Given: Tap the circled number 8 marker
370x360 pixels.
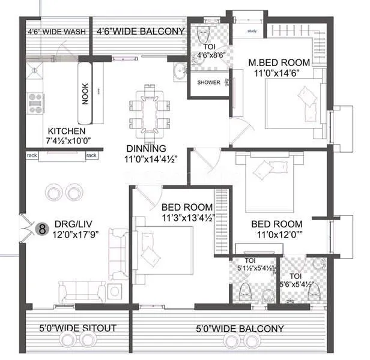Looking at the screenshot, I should (43, 229).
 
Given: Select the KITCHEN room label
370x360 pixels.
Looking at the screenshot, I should (67, 131).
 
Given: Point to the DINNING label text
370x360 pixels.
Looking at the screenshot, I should (146, 149).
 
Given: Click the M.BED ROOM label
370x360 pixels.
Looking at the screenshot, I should (279, 63).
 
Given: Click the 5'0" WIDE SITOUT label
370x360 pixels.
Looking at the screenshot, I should (77, 328).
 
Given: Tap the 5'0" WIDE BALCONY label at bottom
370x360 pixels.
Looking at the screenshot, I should (240, 329).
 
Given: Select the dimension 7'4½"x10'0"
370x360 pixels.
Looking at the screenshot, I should (67, 141).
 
